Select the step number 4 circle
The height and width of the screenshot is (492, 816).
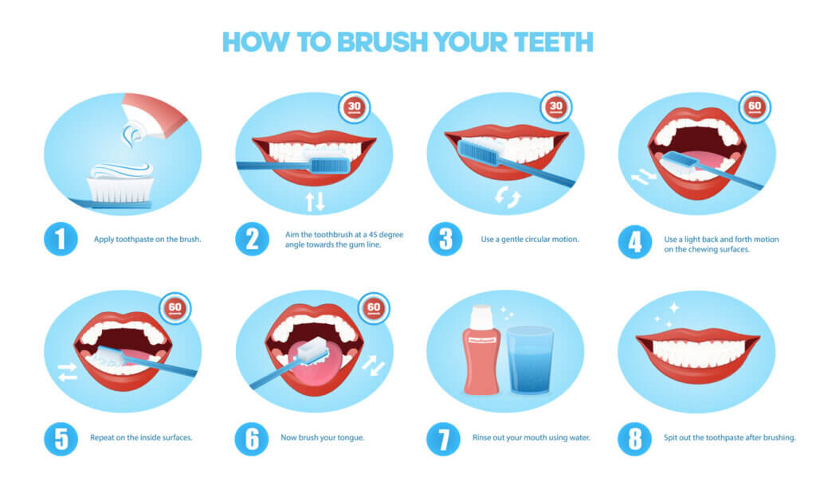tap(634, 240)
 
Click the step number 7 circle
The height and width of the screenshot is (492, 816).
tap(443, 439)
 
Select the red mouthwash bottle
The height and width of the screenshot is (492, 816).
tap(482, 349)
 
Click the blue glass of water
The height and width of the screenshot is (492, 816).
tap(529, 360)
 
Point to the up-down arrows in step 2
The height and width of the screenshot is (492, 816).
tap(316, 201)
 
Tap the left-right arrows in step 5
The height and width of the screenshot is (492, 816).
tap(68, 372)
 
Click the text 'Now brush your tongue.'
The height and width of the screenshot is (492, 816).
tap(323, 438)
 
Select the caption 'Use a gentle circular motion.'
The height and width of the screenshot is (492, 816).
tap(529, 239)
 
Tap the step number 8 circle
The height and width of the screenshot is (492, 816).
tap(634, 439)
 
